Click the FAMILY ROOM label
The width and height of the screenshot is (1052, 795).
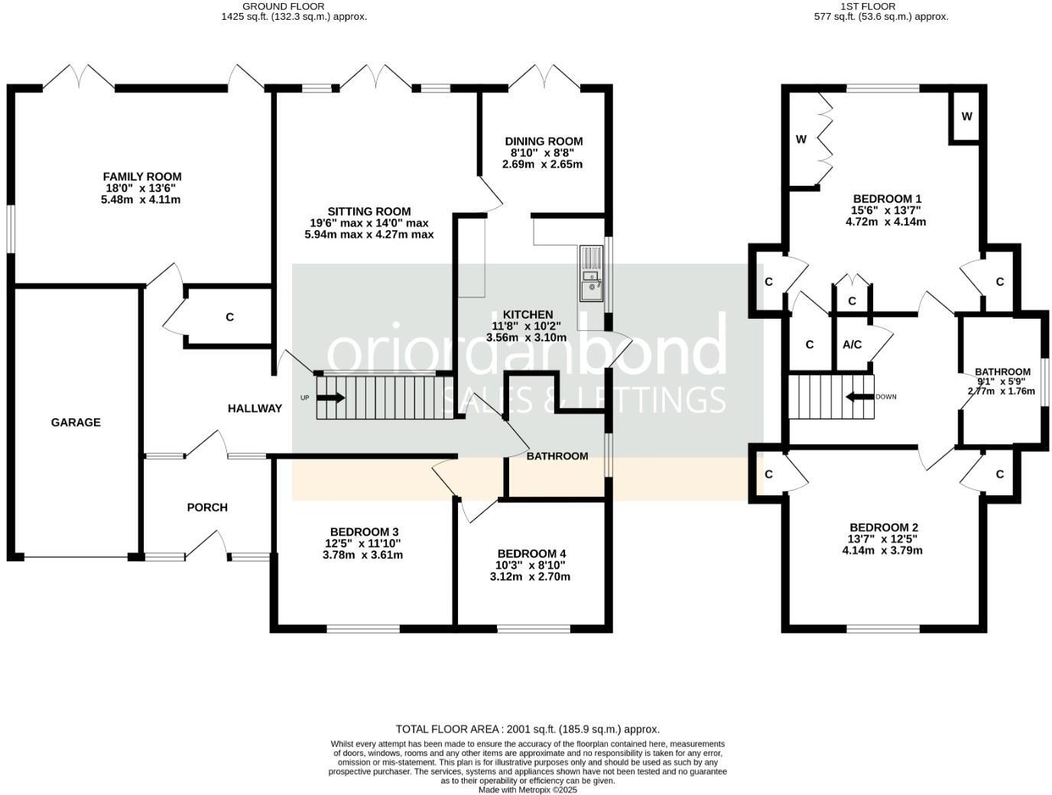[142, 177]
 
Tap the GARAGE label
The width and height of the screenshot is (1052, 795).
[76, 422]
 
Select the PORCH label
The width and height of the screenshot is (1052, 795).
[207, 507]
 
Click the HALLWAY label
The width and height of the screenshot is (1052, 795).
[255, 408]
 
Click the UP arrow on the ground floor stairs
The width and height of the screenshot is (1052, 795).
[330, 397]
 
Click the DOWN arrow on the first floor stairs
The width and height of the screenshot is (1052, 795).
[859, 397]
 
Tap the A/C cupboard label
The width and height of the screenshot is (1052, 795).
[852, 345]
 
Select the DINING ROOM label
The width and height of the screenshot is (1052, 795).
[544, 141]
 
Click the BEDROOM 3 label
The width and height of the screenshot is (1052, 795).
[364, 532]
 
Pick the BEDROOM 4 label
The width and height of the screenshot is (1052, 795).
[531, 553]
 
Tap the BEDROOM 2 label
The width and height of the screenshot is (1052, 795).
[884, 527]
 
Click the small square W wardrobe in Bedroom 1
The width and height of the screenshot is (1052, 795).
[966, 116]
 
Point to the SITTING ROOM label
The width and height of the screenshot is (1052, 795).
[369, 212]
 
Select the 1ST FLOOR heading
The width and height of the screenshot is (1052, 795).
[881, 6]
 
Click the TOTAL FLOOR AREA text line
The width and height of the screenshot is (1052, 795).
[527, 729]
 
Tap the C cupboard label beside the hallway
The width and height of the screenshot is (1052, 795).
[229, 316]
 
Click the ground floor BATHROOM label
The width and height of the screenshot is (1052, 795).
[557, 456]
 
